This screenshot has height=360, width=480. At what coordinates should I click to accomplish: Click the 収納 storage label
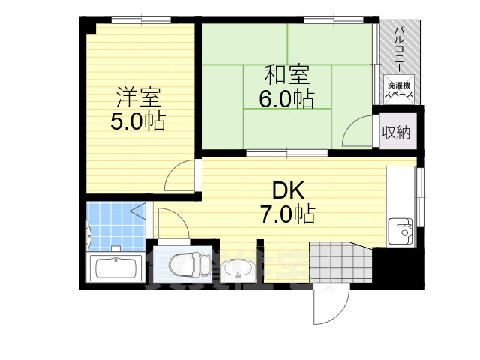pos(396,133)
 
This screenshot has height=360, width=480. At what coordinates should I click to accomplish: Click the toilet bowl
pos(184,264)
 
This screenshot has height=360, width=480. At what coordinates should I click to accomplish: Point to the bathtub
pos(116,268)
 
